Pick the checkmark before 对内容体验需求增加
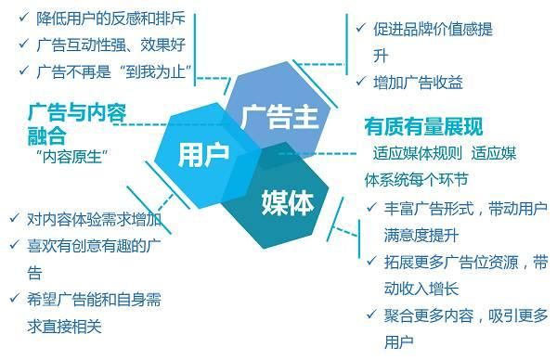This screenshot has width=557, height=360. (x=12, y=220)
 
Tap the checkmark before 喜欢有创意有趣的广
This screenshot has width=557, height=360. (x=12, y=246)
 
